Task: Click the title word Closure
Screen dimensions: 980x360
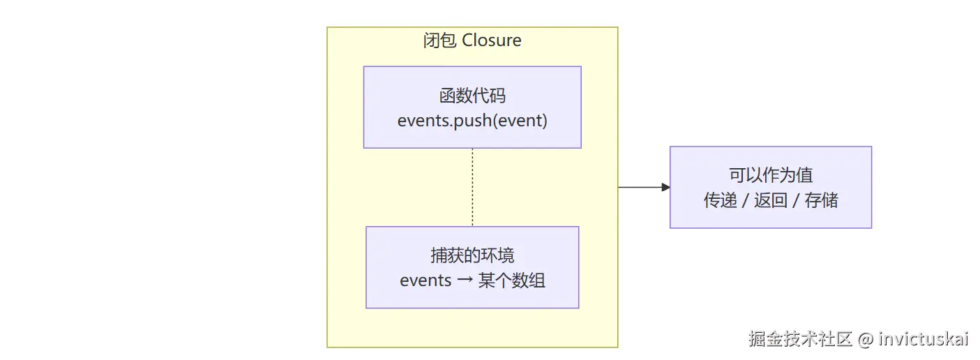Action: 491,40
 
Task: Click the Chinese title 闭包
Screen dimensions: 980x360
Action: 439,40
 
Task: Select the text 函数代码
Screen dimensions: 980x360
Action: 472,96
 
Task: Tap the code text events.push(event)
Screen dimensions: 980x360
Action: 472,121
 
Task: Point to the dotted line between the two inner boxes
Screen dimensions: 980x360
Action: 472,187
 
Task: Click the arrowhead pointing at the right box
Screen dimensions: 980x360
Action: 666,187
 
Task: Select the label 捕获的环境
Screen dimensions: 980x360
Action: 472,255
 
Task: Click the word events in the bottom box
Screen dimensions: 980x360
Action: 425,280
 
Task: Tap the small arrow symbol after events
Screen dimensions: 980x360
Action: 465,280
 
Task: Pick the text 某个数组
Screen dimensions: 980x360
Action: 511,280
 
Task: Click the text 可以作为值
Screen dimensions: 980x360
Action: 771,175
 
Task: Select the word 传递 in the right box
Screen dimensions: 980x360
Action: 720,200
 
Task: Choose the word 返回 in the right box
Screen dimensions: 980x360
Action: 771,200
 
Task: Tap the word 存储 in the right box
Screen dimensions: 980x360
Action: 821,200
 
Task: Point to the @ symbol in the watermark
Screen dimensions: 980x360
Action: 866,340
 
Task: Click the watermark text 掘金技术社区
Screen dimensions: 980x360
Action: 801,339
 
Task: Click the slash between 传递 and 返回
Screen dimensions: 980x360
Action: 746,201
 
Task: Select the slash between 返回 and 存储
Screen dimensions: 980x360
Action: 797,201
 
